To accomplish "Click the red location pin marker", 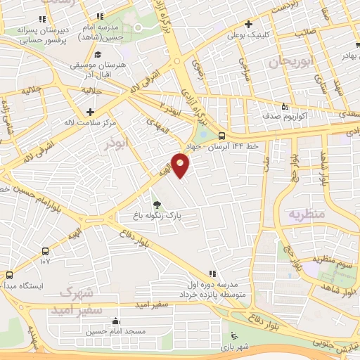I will [x=181, y=166].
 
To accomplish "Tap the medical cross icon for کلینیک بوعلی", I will [x=249, y=23].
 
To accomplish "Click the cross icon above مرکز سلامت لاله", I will [x=90, y=111].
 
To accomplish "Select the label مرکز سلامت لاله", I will [x=90, y=121].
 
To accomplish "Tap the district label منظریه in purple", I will [x=307, y=212].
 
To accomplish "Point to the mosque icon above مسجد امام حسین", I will [x=115, y=321].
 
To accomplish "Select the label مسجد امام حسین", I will [x=116, y=330].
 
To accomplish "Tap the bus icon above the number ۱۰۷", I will [x=46, y=251].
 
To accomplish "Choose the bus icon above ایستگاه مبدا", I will [x=10, y=276].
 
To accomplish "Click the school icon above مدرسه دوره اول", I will [x=212, y=274].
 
